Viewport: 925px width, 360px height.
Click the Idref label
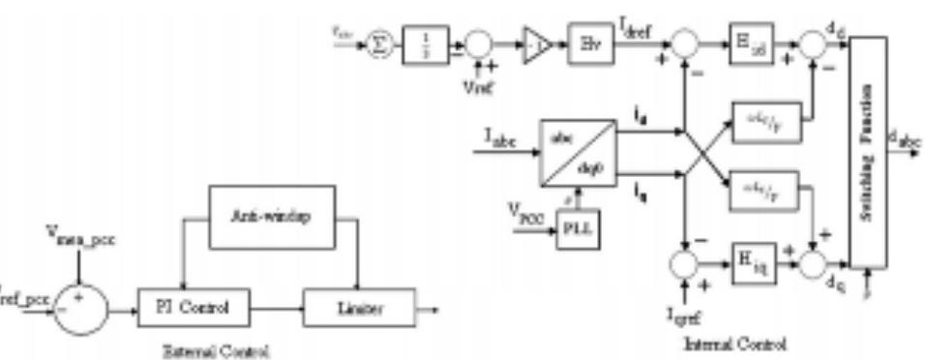click(643, 33)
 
